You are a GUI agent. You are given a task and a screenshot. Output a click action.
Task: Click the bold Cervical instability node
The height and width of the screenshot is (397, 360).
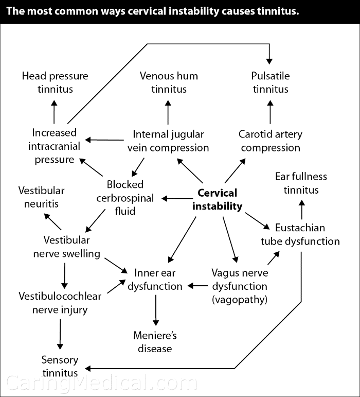(x=217, y=200)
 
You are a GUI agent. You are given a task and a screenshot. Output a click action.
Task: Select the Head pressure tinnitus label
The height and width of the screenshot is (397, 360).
(x=55, y=82)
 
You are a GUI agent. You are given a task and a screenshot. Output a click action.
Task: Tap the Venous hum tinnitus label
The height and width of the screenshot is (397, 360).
(x=169, y=82)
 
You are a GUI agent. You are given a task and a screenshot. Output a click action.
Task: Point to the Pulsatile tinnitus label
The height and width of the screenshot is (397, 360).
(x=271, y=82)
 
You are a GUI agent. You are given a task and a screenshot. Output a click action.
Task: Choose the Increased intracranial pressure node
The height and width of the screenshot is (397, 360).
(x=54, y=146)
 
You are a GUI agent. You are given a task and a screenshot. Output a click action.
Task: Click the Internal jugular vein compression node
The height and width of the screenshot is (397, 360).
(x=168, y=141)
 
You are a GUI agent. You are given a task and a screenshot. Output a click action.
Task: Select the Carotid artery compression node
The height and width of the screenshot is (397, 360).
(x=271, y=141)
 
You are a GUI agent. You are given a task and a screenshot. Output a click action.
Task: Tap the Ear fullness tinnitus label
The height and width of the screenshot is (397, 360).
(x=301, y=183)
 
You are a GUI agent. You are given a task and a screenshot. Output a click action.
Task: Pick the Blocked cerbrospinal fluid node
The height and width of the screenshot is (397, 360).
(x=125, y=197)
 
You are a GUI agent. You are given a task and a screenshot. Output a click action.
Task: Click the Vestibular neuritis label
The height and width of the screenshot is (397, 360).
(x=42, y=197)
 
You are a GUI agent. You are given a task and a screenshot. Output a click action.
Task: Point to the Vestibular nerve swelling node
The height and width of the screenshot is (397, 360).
(x=67, y=247)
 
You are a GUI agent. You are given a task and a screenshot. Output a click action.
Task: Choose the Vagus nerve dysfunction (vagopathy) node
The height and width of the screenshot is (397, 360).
(x=239, y=285)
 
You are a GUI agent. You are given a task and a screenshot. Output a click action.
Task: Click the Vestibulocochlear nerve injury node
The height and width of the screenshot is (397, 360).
(x=60, y=303)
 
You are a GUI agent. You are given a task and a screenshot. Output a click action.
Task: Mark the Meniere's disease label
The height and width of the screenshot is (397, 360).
(x=155, y=342)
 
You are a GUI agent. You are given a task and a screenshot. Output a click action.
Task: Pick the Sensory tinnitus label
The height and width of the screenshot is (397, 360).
(x=60, y=366)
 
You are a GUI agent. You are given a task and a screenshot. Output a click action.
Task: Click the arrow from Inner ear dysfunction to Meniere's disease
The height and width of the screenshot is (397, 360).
(x=155, y=310)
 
